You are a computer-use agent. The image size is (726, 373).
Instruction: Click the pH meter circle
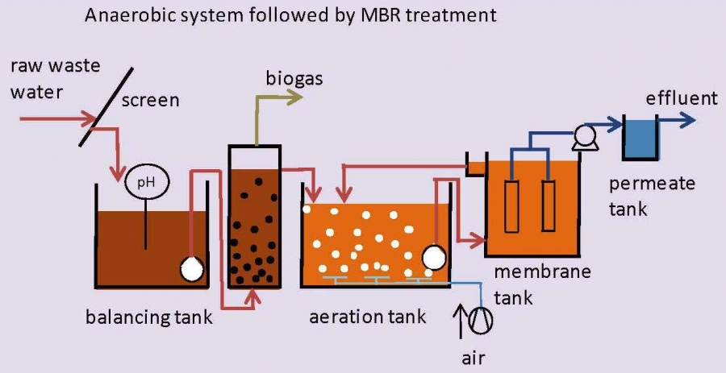point(148,183)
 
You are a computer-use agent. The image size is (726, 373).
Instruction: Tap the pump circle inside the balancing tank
point(192,269)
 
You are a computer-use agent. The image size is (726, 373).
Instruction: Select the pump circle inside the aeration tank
point(434,257)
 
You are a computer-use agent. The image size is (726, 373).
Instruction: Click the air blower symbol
point(481,320)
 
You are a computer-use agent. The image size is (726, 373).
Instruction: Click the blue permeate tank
point(640,138)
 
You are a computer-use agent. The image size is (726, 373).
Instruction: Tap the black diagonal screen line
point(106,107)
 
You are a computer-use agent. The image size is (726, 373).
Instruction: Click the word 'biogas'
point(294,79)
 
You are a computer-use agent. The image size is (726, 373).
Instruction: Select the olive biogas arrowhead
point(295,97)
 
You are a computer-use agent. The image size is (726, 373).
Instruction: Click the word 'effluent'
point(681,98)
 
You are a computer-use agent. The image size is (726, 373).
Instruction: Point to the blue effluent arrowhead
point(688,120)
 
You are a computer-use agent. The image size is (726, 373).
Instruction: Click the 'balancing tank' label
point(148,317)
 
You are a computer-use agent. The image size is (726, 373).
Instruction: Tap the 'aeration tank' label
point(367,317)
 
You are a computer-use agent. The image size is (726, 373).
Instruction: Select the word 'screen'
point(150,100)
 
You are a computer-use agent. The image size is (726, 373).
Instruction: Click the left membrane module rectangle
point(511,205)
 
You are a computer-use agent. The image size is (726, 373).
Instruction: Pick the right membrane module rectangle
point(549,205)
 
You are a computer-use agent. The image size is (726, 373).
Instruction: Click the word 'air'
point(473,356)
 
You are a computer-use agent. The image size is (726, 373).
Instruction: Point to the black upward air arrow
point(461,321)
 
